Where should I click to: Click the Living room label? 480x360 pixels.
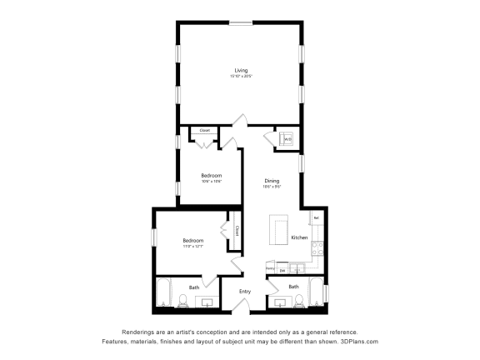tap(241, 70)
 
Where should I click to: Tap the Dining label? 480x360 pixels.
tap(272, 181)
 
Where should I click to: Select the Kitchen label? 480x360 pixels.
tap(299, 237)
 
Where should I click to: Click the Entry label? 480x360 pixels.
tap(245, 291)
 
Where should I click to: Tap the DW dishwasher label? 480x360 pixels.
tap(282, 270)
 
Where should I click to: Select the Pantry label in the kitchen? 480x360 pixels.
tap(271, 268)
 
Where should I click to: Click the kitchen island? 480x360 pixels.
tap(278, 228)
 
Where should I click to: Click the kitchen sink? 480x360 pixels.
tap(297, 269)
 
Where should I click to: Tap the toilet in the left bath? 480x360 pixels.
tap(182, 302)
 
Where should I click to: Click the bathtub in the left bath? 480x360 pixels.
tap(163, 293)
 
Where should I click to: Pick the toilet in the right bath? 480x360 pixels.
tap(277, 302)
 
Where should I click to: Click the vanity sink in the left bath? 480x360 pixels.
tap(207, 302)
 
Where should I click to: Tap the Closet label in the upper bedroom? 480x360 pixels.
tap(204, 130)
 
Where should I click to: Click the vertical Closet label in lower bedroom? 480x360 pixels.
tap(236, 232)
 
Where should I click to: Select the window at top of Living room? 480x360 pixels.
tap(241, 23)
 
